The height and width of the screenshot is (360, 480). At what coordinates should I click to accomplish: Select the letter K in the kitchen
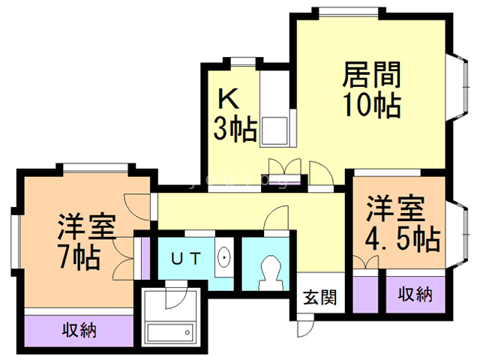point(228,98)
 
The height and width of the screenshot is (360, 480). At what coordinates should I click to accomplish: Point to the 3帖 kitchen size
point(234,129)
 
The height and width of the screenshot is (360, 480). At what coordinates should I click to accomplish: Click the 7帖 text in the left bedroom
point(79,257)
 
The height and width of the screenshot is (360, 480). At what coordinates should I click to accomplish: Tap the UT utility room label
point(184,259)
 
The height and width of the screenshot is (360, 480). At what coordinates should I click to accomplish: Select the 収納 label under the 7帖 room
point(79,329)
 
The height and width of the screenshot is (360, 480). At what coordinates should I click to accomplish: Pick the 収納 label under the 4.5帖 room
point(415,294)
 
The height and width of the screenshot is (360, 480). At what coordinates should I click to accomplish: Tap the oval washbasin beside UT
point(223,259)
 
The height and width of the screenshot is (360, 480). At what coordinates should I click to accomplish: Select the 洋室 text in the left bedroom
point(85,225)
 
